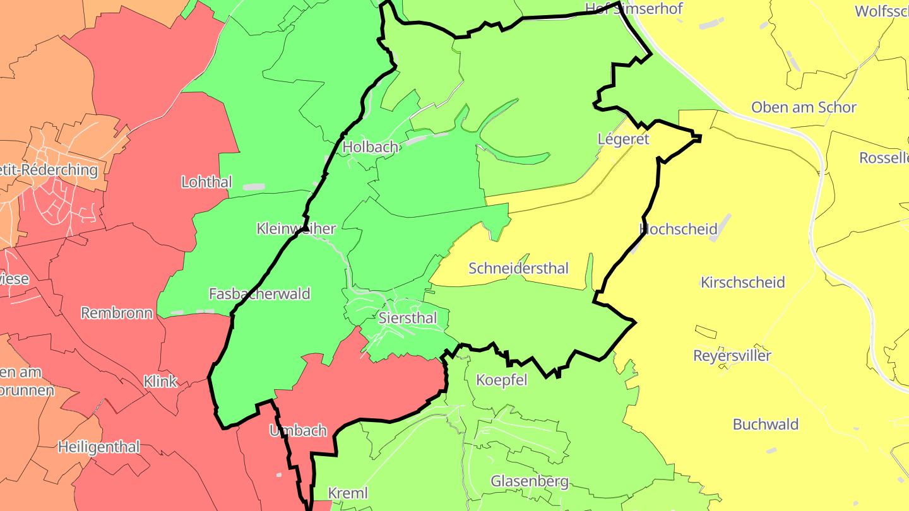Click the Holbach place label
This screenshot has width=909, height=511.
point(370,147)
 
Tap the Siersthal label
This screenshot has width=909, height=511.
point(408,318)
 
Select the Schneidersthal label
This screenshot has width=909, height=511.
point(518,268)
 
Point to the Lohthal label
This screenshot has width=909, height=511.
point(206,182)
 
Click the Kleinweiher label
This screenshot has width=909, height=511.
point(296,228)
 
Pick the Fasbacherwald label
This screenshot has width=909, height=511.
point(259,293)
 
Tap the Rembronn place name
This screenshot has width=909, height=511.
point(117,313)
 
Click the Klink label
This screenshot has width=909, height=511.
point(160,381)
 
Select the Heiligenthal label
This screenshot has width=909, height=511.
point(98,447)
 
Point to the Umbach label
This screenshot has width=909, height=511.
point(298,431)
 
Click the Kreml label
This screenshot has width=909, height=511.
point(348,493)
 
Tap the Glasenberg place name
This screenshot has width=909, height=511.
point(530,482)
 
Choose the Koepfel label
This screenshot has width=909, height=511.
point(501,380)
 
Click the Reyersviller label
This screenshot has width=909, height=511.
point(732,356)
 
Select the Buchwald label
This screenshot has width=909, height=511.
point(766,424)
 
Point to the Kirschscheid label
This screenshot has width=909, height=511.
point(743,282)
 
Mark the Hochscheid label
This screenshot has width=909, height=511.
point(679,229)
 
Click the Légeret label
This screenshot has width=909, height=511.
point(623,139)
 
